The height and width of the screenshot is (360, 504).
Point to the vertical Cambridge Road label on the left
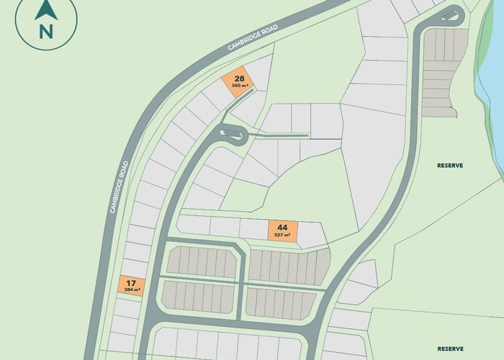[x=119, y=185]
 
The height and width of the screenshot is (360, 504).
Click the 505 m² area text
[x=240, y=86]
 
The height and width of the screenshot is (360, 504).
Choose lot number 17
[x=132, y=282]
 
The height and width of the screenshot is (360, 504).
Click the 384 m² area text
[x=132, y=289]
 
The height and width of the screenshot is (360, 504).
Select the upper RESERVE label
[x=450, y=166]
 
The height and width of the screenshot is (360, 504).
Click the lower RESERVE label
[x=451, y=347]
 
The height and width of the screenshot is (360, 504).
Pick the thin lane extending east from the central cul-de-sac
[x=281, y=135]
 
